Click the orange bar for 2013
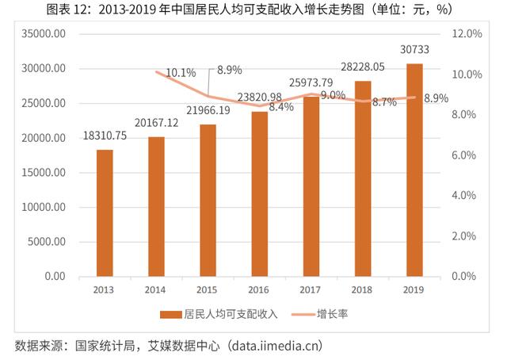[105, 213]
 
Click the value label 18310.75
[105, 136]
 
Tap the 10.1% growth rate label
[181, 73]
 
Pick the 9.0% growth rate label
[333, 95]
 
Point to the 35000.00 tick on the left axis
[44, 34]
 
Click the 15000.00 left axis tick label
[44, 173]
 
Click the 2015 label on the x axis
[208, 289]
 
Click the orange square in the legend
[166, 314]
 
